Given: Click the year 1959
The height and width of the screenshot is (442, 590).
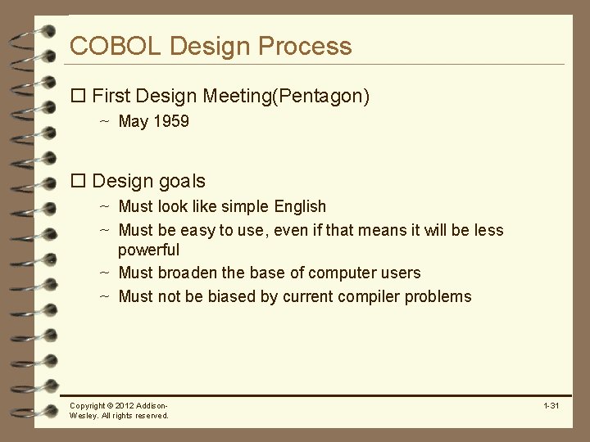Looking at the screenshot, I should coord(171,122).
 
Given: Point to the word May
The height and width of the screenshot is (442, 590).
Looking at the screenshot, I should coord(134,122).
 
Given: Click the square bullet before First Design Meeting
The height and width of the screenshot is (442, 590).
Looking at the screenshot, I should coord(79,97).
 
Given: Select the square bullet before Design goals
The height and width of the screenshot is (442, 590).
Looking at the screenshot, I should coord(79,181).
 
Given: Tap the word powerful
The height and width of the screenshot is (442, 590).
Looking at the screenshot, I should coord(148,250).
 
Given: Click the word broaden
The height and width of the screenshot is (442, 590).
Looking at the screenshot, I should coord(196,273).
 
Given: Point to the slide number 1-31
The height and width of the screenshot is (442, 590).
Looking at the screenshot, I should coord(551,406).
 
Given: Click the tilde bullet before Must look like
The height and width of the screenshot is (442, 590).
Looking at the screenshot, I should coord(105,207).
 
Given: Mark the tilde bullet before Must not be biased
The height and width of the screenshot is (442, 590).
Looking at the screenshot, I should coord(105,296).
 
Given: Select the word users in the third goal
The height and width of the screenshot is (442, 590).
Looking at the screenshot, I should coord(401,273).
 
